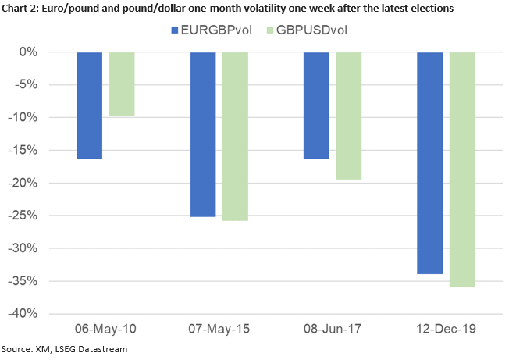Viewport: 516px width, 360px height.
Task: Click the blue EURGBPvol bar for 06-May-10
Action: click(89, 105)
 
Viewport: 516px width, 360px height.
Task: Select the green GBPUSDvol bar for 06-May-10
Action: click(121, 84)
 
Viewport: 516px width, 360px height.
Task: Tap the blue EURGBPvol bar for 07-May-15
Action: click(203, 134)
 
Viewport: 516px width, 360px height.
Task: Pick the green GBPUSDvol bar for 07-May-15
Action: click(235, 136)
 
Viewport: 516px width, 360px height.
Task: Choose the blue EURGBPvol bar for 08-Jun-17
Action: click(316, 105)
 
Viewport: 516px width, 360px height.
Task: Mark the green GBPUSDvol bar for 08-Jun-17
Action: click(348, 116)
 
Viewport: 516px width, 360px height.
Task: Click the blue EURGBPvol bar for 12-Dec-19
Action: click(430, 163)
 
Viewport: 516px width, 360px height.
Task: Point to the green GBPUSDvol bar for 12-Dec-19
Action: click(462, 169)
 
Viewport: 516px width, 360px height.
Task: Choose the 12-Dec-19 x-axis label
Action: click(446, 330)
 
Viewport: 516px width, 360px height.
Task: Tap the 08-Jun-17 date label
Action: click(333, 330)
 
